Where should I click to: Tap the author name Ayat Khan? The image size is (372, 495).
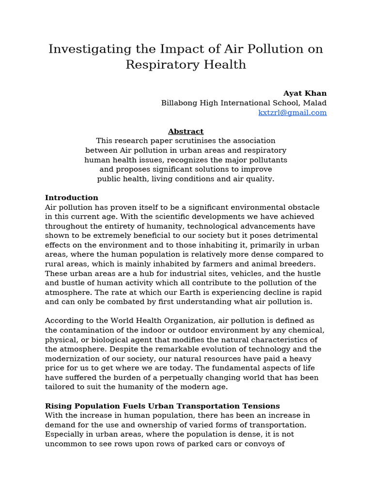(305, 93)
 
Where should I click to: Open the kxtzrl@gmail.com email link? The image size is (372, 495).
(293, 113)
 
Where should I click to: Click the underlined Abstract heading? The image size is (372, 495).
(186, 131)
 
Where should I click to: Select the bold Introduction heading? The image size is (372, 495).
(71, 198)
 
